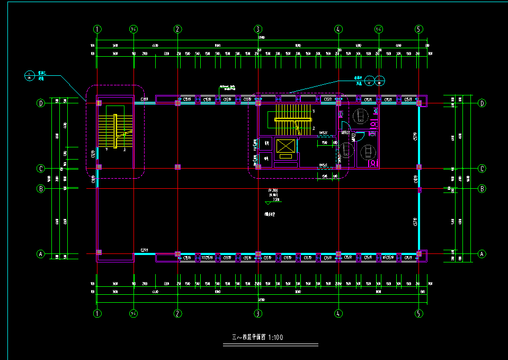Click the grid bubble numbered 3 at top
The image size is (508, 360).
[258, 29]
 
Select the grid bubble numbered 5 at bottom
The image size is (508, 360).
[418, 313]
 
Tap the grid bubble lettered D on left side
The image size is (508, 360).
[40, 103]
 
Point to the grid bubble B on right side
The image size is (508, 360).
[482, 188]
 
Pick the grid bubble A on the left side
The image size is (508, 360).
[40, 254]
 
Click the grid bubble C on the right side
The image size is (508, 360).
[482, 169]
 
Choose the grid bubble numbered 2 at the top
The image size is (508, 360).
[178, 29]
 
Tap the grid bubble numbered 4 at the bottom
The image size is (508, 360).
[338, 313]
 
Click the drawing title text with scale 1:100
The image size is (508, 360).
[258, 337]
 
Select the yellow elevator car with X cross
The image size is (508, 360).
[284, 145]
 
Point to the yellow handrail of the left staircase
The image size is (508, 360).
[115, 130]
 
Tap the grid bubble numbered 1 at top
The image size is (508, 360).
[97, 29]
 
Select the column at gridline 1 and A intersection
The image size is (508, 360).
[99, 252]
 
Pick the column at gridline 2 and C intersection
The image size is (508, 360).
[178, 167]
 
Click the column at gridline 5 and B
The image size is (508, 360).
[418, 189]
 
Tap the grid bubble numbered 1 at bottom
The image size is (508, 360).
[97, 313]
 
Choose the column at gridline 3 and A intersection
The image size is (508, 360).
[258, 254]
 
